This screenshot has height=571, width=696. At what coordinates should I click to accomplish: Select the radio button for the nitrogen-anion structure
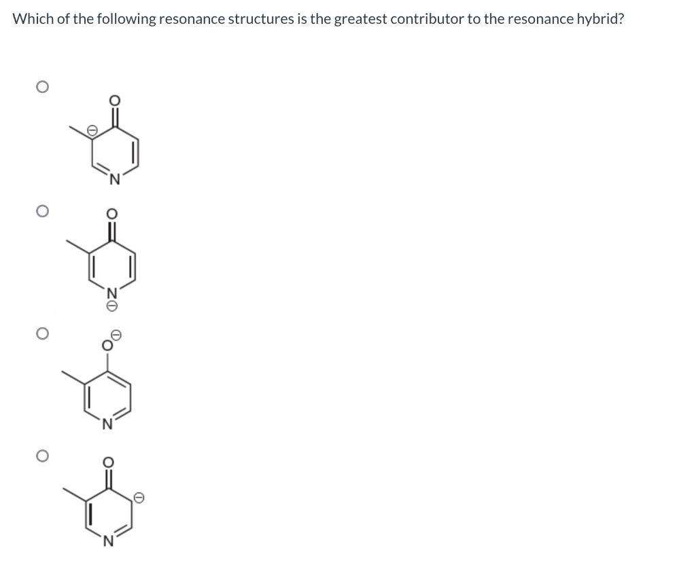point(41,211)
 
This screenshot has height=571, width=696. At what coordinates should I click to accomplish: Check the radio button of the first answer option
point(41,88)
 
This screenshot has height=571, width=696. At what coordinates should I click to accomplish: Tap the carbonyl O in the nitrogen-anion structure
point(114,215)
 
